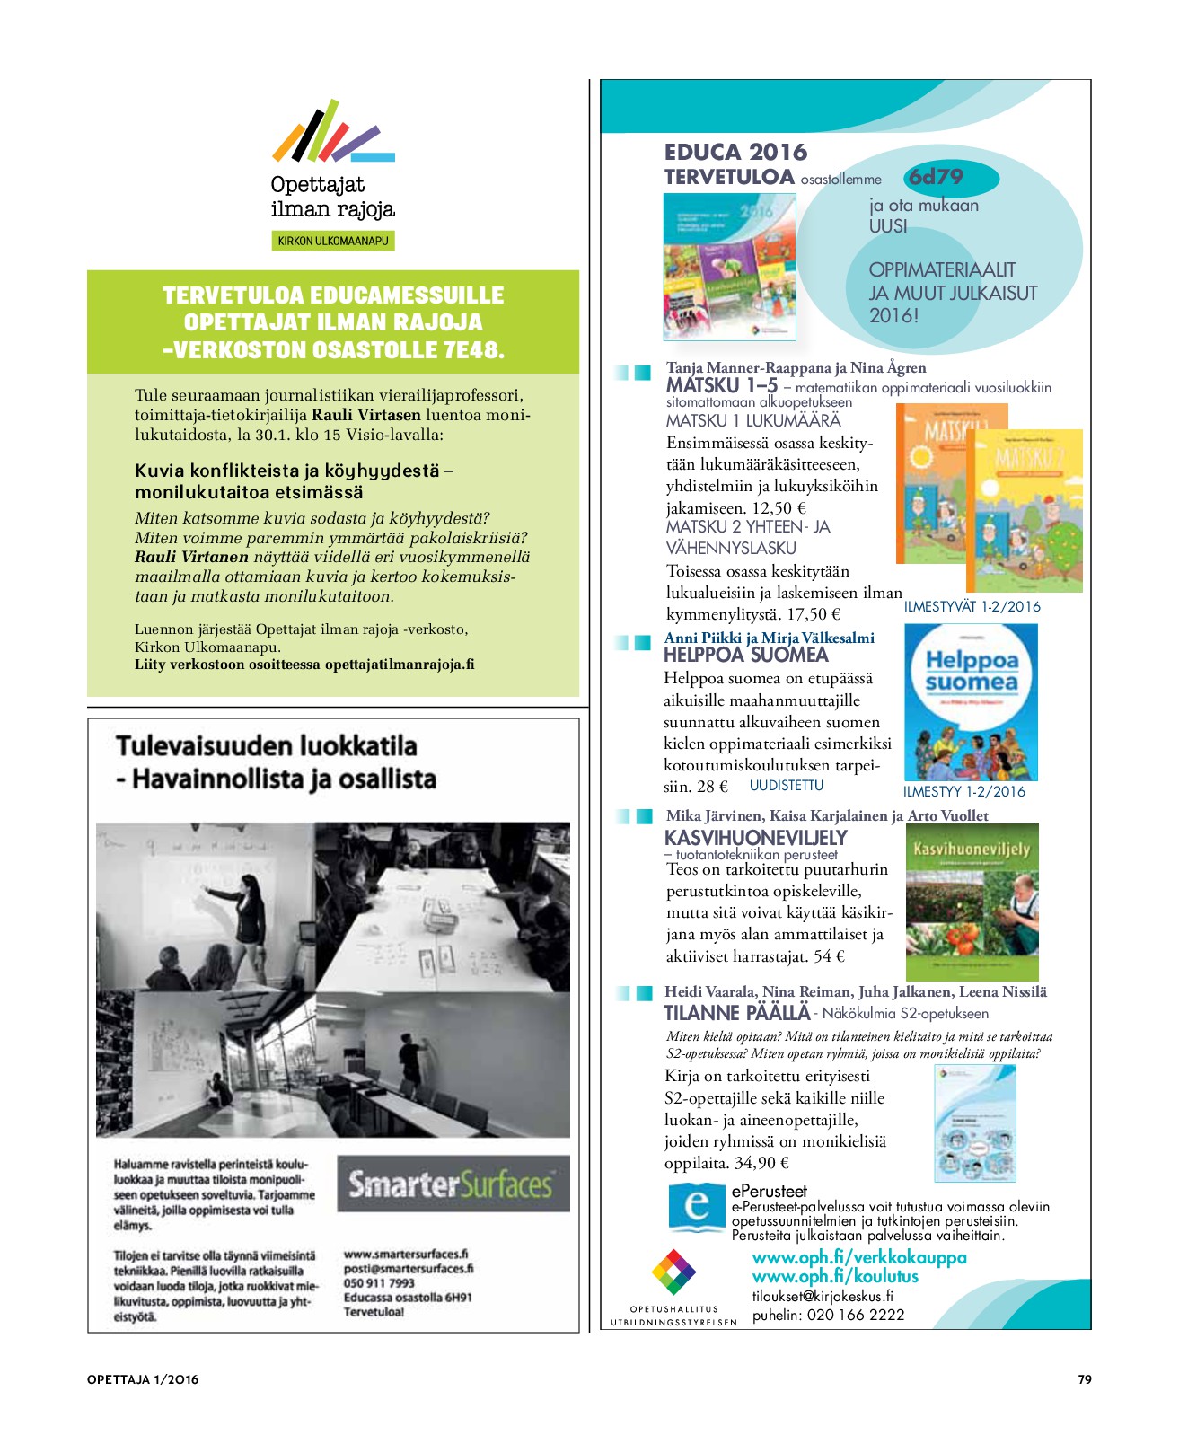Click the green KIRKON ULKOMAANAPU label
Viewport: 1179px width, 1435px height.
[332, 241]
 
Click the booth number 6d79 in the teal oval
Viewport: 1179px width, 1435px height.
[937, 177]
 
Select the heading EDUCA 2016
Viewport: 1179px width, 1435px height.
[735, 152]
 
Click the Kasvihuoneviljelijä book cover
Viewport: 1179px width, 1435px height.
[972, 901]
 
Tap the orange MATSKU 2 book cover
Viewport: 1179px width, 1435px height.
[1025, 510]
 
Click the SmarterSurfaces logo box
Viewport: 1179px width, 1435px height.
[453, 1184]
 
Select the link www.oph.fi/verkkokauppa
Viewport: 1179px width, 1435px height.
[858, 1257]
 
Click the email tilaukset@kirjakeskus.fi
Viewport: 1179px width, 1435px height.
[822, 1296]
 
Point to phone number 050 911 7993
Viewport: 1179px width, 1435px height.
[379, 1283]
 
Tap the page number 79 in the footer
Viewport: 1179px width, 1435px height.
[1084, 1379]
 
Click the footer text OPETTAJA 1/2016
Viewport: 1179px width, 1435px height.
[143, 1379]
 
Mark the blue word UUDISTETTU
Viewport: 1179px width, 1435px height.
[786, 786]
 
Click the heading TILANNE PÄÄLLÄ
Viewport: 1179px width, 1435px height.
[736, 1013]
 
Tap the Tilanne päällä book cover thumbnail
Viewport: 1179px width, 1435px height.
[974, 1123]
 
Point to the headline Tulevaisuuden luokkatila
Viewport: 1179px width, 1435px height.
[267, 746]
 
